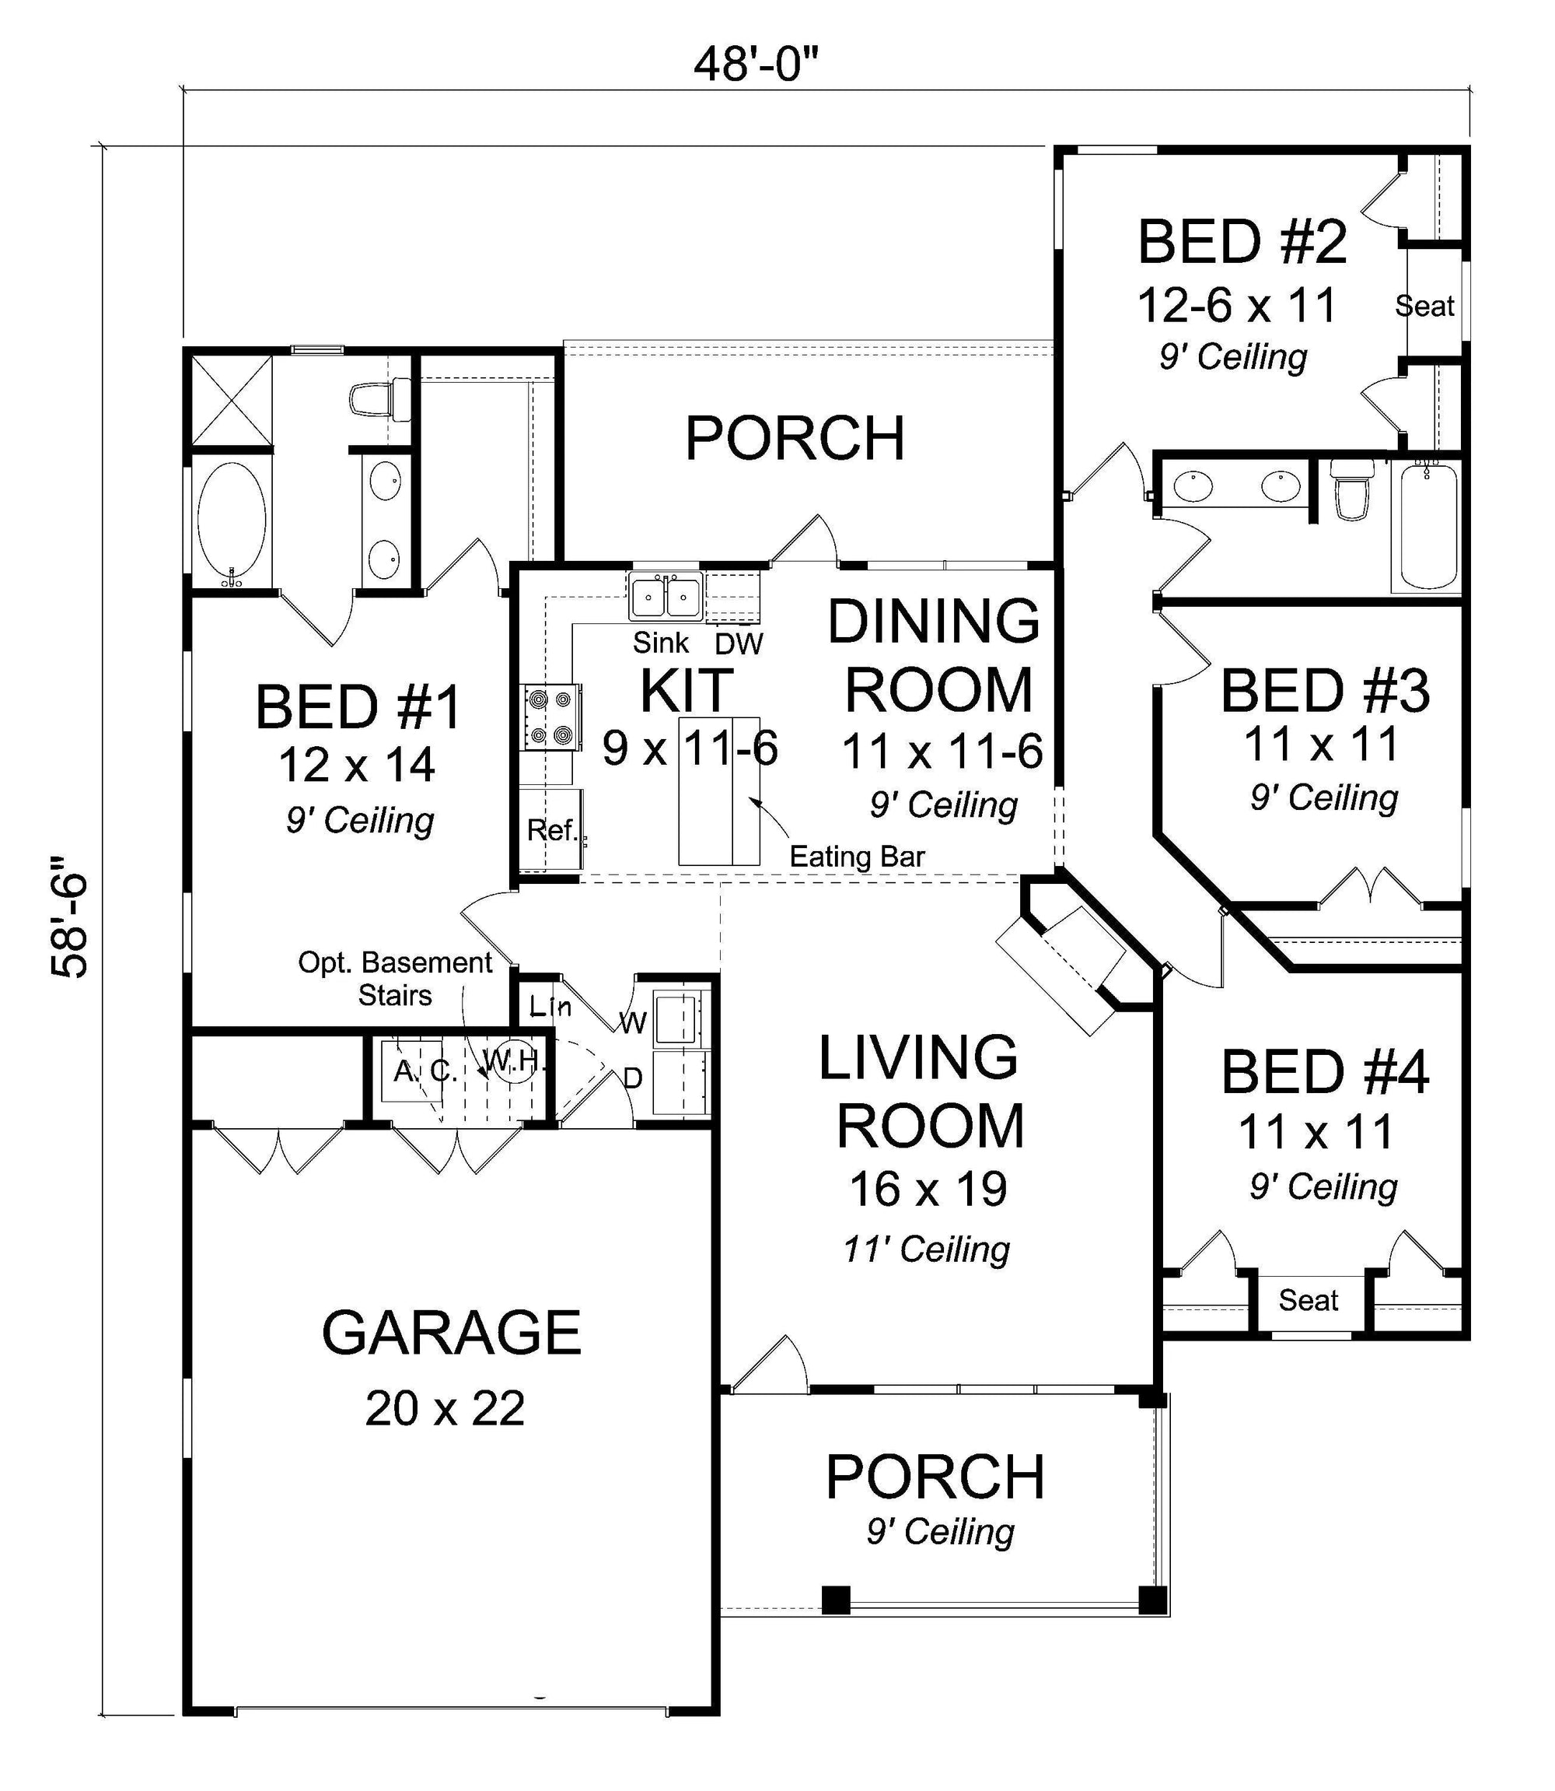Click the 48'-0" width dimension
point(756,65)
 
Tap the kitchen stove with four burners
point(551,717)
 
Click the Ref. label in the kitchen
point(552,830)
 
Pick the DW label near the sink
point(739,644)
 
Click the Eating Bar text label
point(857,857)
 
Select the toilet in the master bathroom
point(380,398)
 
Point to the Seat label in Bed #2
point(1424,306)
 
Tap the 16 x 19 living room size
point(928,1190)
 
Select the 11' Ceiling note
point(927,1251)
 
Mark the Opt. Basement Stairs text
point(395,979)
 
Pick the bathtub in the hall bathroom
point(1426,526)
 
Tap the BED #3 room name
point(1325,691)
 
